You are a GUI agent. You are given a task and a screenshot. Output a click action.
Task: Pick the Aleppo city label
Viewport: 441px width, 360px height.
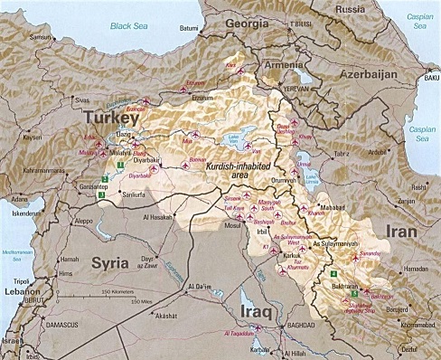tap(83, 220)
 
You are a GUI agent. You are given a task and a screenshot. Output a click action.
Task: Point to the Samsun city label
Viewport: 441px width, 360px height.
tap(41, 37)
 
